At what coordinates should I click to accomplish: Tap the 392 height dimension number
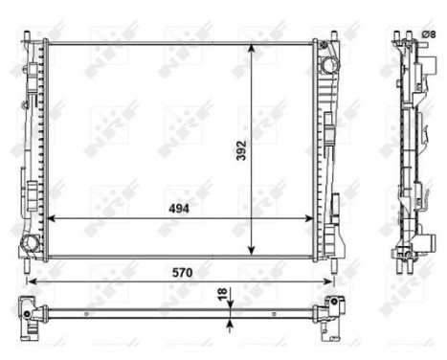tap(242, 149)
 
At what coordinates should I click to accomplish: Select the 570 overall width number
tap(181, 272)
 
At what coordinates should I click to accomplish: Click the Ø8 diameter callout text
tap(428, 35)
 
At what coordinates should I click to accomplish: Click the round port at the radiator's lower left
tap(31, 243)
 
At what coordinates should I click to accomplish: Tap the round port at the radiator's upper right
tap(329, 64)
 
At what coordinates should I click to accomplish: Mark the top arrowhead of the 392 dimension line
tap(253, 46)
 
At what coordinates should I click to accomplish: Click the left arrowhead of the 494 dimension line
tap(51, 218)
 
